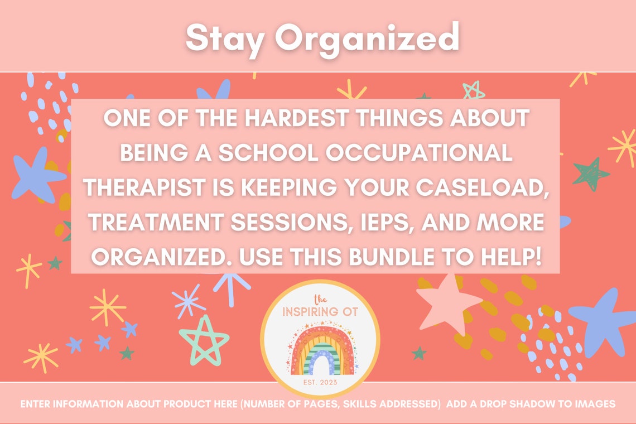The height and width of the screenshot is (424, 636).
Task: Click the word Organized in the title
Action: (367, 38)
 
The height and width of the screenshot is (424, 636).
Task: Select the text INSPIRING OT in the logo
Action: (320, 311)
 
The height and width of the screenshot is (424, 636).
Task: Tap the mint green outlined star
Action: (204, 340)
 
